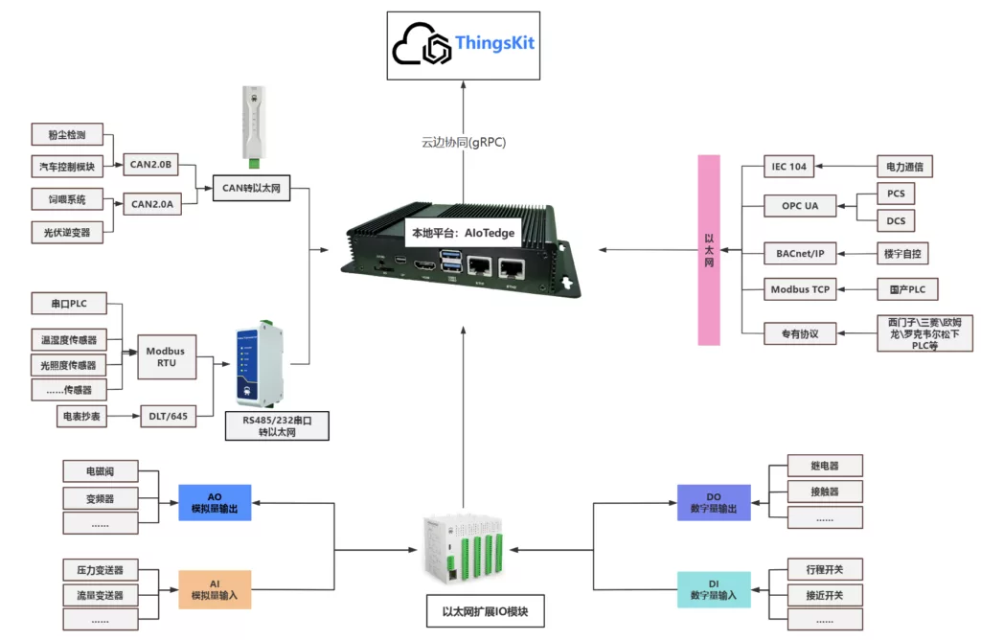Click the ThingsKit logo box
[x=463, y=45]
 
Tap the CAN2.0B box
[x=150, y=165]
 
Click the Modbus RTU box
[x=165, y=356]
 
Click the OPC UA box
[x=799, y=205]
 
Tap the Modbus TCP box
[x=800, y=288]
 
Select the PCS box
[x=896, y=193]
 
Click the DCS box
[x=896, y=221]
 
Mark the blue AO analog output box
[x=215, y=502]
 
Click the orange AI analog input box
[x=215, y=589]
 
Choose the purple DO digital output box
[x=714, y=502]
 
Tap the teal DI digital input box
[x=714, y=589]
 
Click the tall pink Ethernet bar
[x=709, y=248]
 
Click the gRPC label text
[x=464, y=142]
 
